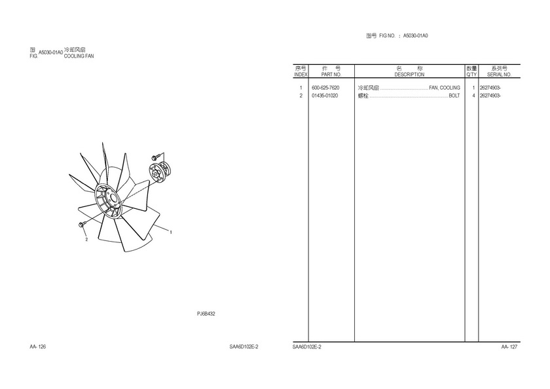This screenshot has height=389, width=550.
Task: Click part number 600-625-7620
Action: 325,88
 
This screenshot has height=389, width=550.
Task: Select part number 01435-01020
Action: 325,96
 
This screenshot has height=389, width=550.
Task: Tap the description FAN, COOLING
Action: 445,88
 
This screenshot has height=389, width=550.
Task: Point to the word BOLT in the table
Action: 454,96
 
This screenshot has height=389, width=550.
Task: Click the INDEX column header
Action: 301,75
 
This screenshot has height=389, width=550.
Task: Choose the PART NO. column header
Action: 331,75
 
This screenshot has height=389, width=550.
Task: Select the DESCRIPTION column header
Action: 409,75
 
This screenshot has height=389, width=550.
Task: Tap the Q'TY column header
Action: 471,75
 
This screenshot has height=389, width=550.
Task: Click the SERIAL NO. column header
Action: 499,75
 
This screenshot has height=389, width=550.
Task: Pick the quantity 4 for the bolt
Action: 473,96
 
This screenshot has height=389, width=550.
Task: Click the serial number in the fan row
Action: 490,88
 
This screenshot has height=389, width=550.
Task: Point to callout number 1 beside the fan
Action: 171,232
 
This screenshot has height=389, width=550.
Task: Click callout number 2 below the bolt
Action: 86,240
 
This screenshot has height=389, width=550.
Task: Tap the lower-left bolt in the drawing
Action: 82,225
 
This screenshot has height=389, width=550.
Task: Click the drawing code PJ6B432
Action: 206,314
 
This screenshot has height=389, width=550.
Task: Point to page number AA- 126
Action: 37,347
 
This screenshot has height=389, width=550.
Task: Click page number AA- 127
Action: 509,347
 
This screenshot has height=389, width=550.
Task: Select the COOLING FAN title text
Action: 79,56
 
